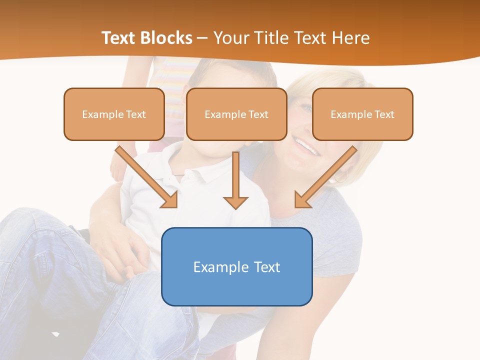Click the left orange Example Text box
tap(114, 114)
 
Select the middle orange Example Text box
tap(236, 114)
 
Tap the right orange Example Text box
tap(362, 114)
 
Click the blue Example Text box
tap(236, 266)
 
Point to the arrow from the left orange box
tap(145, 175)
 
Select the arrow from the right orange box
tap(327, 175)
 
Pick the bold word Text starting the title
tap(119, 38)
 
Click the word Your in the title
tap(231, 38)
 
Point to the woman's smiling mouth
tap(306, 146)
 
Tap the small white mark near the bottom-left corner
tap(55, 333)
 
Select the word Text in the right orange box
tap(384, 114)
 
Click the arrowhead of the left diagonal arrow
tap(170, 200)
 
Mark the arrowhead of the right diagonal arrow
tap(302, 200)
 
